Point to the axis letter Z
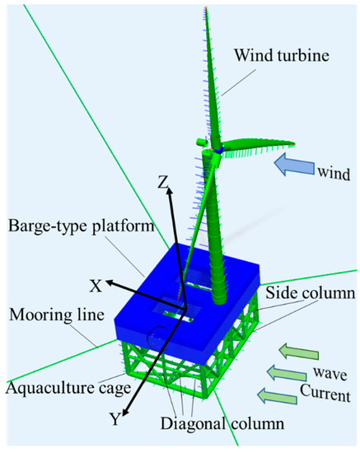point(163,179)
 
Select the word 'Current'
point(331,395)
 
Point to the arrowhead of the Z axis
point(170,192)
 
